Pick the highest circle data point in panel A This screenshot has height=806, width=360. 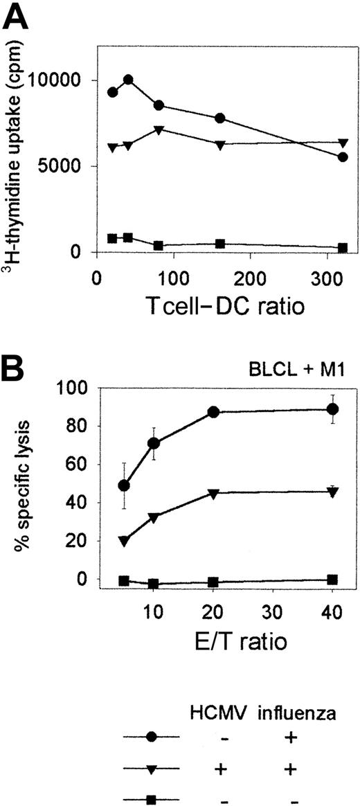pyautogui.click(x=128, y=80)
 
